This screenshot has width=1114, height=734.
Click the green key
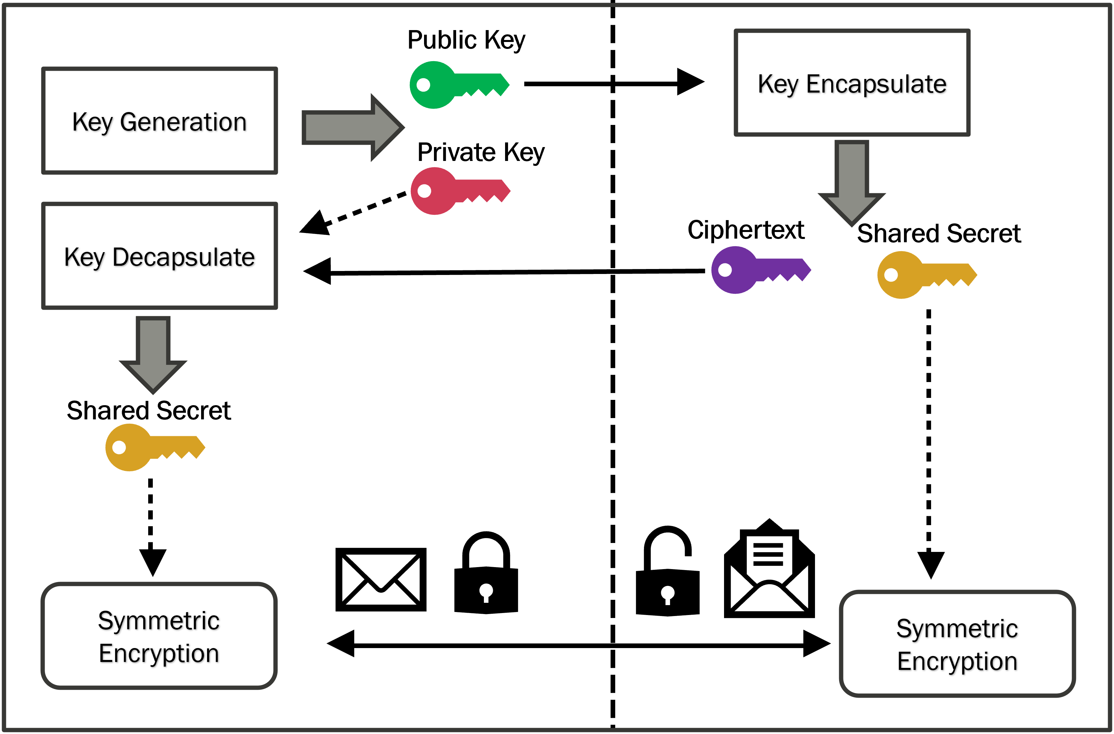[450, 85]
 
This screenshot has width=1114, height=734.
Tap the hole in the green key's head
[423, 85]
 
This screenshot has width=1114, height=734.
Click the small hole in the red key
[424, 191]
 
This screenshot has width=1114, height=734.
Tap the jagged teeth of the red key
[483, 199]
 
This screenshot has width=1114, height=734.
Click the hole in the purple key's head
[725, 270]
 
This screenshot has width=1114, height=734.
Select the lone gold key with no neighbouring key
[145, 447]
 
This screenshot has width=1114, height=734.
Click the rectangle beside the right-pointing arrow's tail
[159, 121]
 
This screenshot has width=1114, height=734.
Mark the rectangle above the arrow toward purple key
[852, 83]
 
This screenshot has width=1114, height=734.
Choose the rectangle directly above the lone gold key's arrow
[159, 255]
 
